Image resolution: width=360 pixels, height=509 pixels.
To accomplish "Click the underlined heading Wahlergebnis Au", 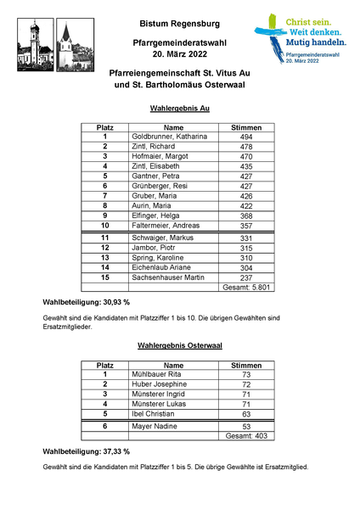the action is pyautogui.click(x=179, y=109).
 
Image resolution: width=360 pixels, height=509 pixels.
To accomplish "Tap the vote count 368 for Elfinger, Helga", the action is pyautogui.click(x=246, y=215).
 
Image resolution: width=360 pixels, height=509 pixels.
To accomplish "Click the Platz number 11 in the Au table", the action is pyautogui.click(x=104, y=238).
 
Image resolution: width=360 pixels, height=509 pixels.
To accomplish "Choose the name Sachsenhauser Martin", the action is pyautogui.click(x=168, y=277).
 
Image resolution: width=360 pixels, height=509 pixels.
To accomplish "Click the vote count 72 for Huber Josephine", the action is pyautogui.click(x=246, y=384).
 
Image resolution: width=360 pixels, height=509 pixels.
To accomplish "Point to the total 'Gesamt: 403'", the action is pyautogui.click(x=246, y=437).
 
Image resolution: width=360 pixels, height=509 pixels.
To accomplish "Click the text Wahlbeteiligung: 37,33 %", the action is pyautogui.click(x=86, y=451).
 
